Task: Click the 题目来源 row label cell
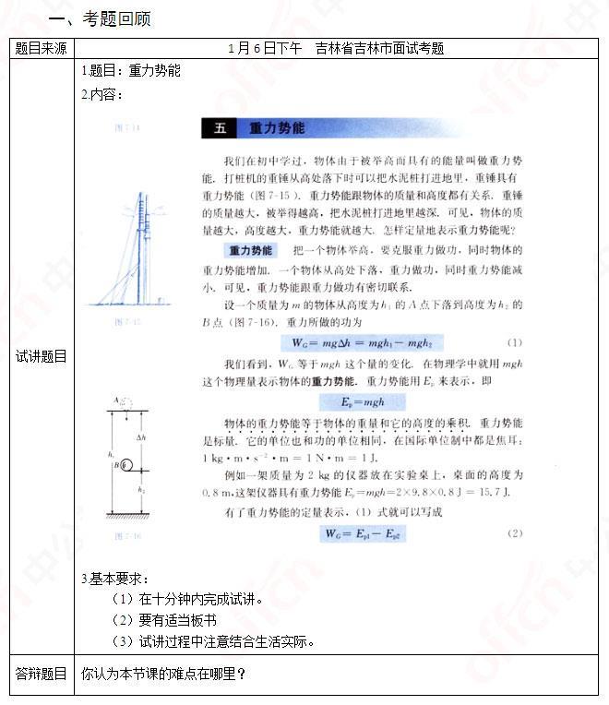point(41,48)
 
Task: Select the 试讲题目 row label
point(41,356)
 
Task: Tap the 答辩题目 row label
point(41,675)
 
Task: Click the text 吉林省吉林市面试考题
point(379,48)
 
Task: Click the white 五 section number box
point(220,128)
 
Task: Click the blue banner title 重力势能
point(277,128)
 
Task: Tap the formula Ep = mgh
point(355,401)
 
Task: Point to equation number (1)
point(515,342)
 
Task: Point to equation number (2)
point(515,533)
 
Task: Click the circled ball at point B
point(126,466)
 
